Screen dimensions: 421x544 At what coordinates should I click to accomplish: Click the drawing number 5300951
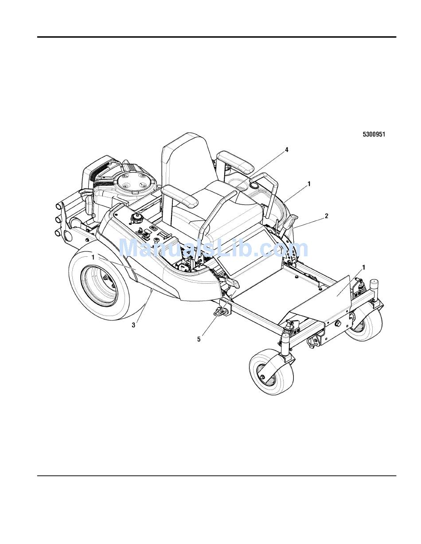point(374,135)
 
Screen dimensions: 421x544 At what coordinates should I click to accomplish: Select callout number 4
point(286,150)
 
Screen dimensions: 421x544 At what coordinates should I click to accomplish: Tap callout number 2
point(326,216)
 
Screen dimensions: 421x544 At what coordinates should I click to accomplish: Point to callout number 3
point(133,325)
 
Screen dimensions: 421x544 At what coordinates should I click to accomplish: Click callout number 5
point(199,339)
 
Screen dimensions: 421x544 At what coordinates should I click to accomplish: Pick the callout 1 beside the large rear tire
point(93,257)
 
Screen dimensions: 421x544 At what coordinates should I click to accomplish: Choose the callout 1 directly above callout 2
point(309,184)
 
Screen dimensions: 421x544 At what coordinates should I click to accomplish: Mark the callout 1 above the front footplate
point(363,267)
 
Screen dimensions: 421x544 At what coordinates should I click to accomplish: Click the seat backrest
point(186,159)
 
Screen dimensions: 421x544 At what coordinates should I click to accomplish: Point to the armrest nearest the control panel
point(179,196)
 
